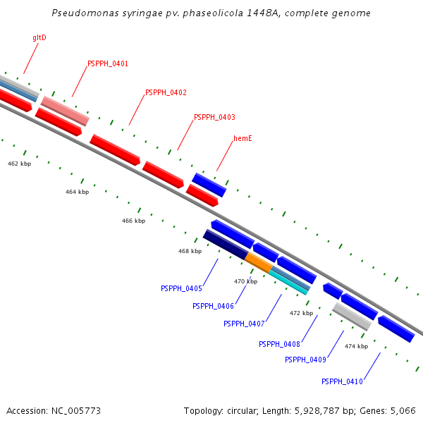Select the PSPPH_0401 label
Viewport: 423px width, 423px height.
coord(108,64)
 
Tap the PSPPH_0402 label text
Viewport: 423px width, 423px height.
coord(166,93)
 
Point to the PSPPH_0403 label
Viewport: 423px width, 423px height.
coord(214,118)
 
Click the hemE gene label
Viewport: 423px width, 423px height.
coord(243,139)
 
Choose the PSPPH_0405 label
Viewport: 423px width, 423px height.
coord(181,288)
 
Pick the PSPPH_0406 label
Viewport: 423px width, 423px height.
coord(213,306)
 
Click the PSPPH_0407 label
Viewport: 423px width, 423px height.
coord(244,324)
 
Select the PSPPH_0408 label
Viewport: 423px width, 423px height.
coord(279,344)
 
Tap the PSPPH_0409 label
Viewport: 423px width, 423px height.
coord(305,360)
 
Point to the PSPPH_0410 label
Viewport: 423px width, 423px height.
coord(342,381)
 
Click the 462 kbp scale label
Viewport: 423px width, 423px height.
coord(20,164)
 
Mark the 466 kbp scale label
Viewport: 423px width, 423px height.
coord(133,221)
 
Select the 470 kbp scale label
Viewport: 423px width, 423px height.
coord(245,281)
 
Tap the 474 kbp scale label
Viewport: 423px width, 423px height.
coord(356,346)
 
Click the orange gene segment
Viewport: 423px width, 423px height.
coord(259,263)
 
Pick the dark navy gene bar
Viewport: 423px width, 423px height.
coord(226,244)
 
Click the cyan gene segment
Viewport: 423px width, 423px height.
coord(289,281)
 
